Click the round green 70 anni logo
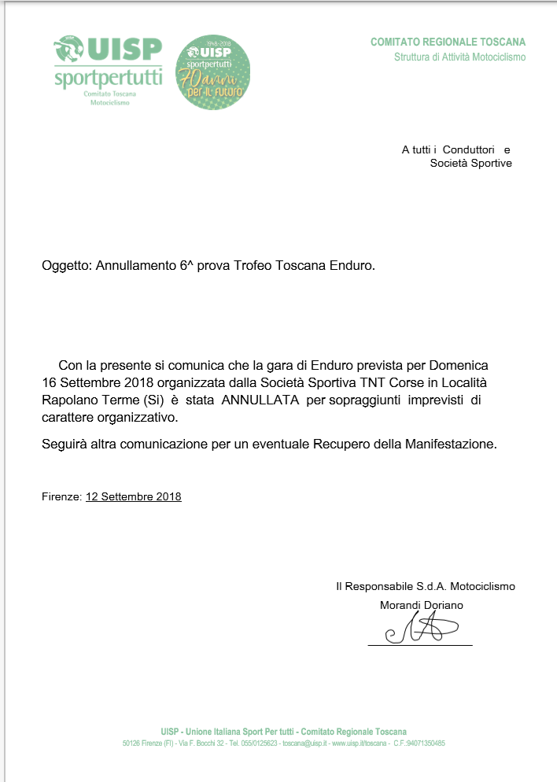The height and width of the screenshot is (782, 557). [212, 72]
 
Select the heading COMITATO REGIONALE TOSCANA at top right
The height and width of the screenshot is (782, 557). [448, 42]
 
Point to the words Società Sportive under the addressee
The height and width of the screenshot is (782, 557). [470, 164]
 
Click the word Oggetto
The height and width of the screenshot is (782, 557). [66, 266]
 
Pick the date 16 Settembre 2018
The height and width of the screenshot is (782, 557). [98, 383]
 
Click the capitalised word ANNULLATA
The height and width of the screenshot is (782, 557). [259, 400]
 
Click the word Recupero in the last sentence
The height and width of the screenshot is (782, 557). [347, 444]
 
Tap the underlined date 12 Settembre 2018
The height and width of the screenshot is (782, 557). [133, 497]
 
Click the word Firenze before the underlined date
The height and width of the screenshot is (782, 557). [61, 497]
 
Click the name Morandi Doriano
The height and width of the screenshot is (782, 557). [421, 605]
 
